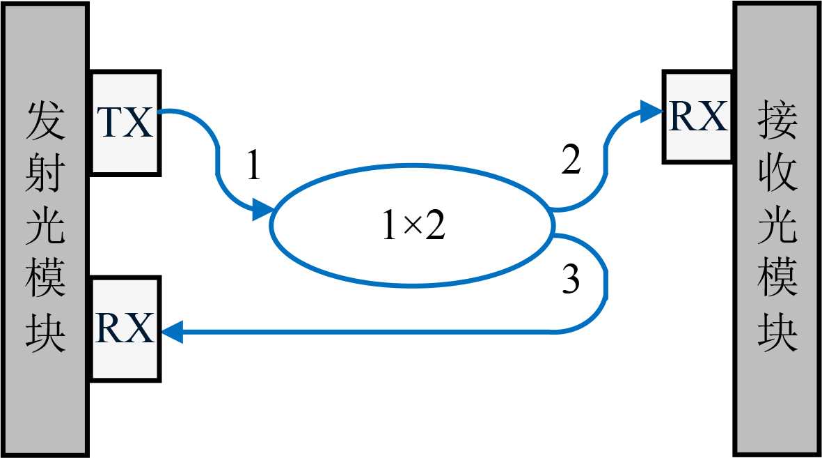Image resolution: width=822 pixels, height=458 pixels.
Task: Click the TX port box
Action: pyautogui.click(x=125, y=123)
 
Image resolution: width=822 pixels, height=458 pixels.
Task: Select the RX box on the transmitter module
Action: pyautogui.click(x=125, y=328)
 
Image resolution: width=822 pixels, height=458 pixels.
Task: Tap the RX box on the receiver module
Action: pyautogui.click(x=697, y=117)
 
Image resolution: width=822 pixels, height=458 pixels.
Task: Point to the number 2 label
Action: pyautogui.click(x=570, y=162)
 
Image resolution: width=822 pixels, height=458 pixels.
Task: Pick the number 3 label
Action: pyautogui.click(x=570, y=281)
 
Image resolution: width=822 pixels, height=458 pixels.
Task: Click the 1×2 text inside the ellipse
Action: pyautogui.click(x=413, y=227)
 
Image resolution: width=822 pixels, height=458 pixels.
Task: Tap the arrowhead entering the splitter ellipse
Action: pyautogui.click(x=262, y=208)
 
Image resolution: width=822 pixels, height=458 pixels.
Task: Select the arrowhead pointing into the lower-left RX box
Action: pyautogui.click(x=173, y=331)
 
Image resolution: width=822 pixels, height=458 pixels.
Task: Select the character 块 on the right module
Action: pyautogui.click(x=777, y=333)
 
